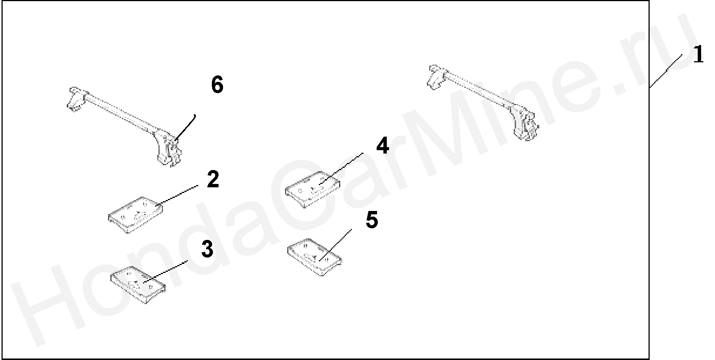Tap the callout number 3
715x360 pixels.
click(x=207, y=249)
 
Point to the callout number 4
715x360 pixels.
click(x=382, y=146)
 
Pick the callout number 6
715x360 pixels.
click(x=217, y=85)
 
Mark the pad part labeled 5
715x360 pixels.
click(x=315, y=257)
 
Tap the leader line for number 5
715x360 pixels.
click(x=336, y=244)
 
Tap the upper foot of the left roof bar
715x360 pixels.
click(x=76, y=99)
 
